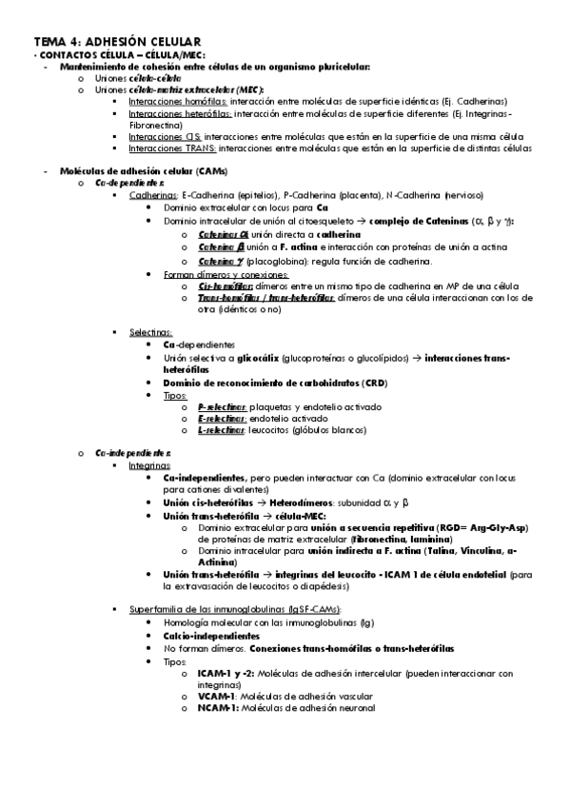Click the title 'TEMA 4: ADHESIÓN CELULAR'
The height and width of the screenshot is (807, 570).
point(116,42)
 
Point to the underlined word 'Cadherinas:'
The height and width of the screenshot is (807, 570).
point(152,194)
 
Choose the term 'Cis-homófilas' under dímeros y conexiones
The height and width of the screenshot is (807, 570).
point(225,285)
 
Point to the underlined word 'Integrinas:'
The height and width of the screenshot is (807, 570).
point(151,466)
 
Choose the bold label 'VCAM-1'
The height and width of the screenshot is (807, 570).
point(218,696)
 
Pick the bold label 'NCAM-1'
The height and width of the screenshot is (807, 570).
point(218,708)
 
